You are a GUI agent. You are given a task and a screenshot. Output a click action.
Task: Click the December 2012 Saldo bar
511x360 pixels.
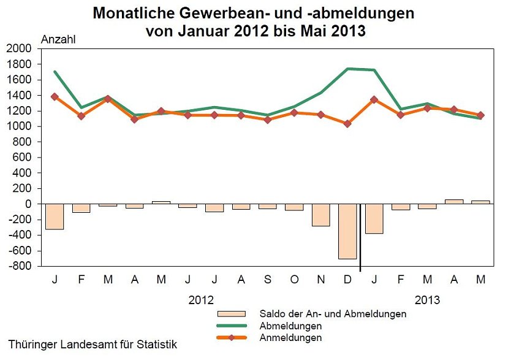(x=347, y=231)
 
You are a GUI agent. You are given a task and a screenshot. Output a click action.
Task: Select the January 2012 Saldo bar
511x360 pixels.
(x=55, y=216)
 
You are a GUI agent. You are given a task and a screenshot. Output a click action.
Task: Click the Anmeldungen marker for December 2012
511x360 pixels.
(x=347, y=124)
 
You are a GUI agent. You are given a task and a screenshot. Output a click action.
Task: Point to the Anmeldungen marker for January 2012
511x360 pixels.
(x=55, y=96)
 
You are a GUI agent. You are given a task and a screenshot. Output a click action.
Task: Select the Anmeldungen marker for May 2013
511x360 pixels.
(x=481, y=115)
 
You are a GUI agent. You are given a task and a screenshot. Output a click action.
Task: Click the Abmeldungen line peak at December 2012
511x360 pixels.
(x=347, y=69)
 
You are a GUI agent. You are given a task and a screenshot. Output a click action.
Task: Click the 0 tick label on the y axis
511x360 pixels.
(x=28, y=204)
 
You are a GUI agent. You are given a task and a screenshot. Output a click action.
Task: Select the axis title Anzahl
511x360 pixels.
(x=58, y=39)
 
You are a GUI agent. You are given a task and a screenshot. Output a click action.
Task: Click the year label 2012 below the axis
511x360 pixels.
(x=201, y=301)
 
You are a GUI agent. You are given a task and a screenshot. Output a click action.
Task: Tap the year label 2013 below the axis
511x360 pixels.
(x=427, y=301)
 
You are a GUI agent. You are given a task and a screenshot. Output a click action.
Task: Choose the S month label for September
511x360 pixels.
(x=268, y=280)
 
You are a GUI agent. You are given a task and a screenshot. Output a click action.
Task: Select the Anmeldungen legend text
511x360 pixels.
(x=290, y=337)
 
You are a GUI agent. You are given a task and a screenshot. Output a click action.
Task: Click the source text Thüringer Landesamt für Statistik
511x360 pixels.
(x=93, y=345)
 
